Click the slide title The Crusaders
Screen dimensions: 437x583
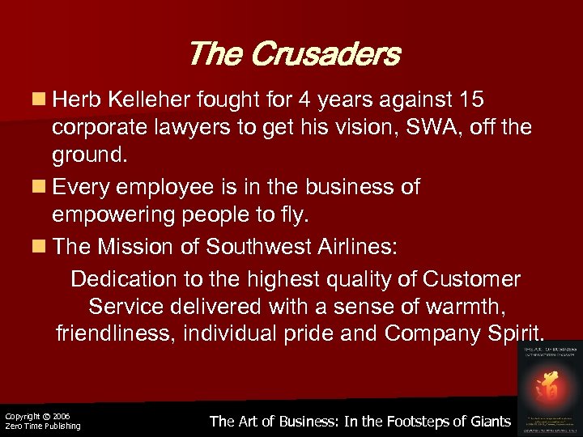tap(293, 54)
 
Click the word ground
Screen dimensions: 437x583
tap(88, 154)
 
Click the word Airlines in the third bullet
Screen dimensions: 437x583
tap(351, 247)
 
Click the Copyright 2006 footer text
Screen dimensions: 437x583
tap(37, 416)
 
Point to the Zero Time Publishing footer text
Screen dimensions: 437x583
tap(42, 426)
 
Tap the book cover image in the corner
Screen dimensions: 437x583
tap(551, 387)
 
